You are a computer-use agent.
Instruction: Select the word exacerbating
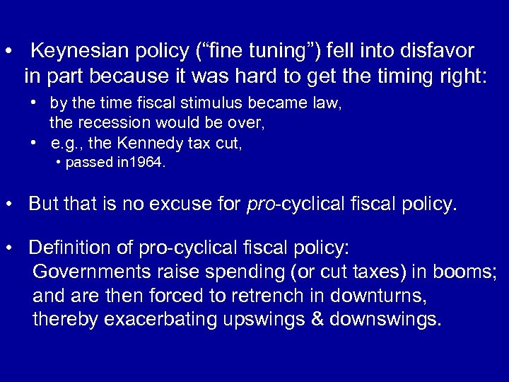(163, 319)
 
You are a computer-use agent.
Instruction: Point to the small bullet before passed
(60, 163)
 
